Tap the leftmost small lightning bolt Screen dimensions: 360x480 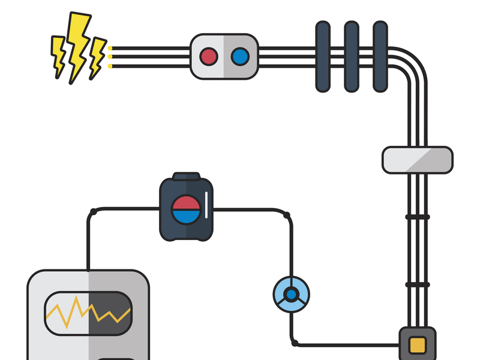(x=59, y=54)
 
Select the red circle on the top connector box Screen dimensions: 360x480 (x=209, y=56)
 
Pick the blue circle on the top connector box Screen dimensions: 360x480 (x=240, y=56)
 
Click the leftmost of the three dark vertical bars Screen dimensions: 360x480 (x=323, y=56)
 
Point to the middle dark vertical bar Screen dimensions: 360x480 (x=352, y=56)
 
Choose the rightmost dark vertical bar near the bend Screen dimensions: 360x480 (x=380, y=56)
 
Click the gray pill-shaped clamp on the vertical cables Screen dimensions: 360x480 (x=418, y=160)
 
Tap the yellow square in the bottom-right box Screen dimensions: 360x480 (x=418, y=345)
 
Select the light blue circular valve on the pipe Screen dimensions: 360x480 (x=291, y=295)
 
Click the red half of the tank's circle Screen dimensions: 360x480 (x=186, y=202)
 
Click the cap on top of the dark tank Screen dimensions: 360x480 (x=186, y=176)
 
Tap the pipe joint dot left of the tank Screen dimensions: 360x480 (x=93, y=211)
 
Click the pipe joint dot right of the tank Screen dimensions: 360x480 (x=287, y=215)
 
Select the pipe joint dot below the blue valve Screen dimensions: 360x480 (x=294, y=343)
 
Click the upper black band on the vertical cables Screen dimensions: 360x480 (x=418, y=217)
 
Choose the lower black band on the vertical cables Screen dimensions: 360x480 (x=418, y=284)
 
